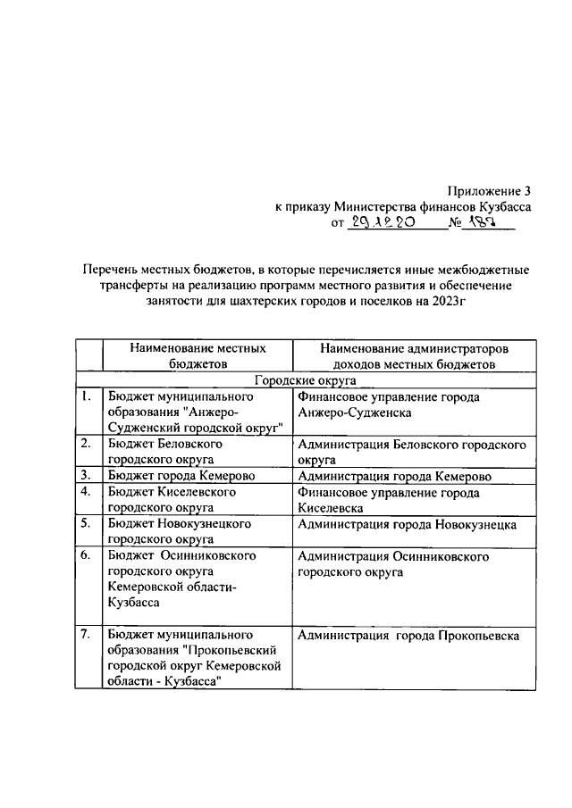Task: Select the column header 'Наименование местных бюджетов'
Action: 198,354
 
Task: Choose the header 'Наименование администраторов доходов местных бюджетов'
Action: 414,354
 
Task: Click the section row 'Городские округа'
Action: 306,379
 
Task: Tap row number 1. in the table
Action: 85,396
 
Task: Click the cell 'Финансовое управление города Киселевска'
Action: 389,500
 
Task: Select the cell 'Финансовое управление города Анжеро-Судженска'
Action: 389,404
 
